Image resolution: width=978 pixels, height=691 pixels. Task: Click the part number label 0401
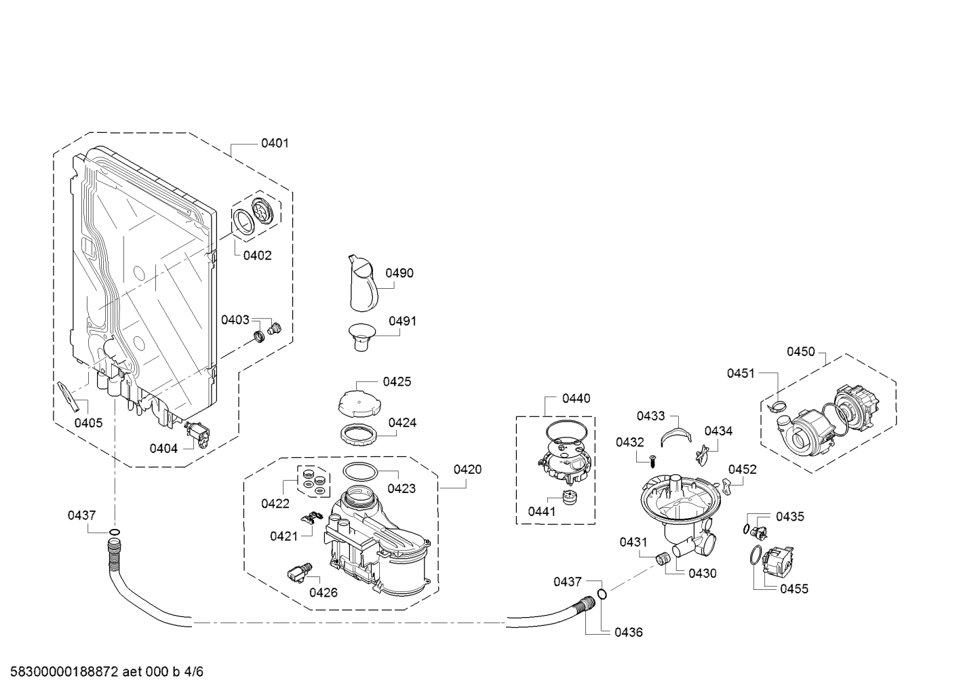click(x=275, y=143)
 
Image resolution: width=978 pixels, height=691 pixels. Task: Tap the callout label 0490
click(x=399, y=273)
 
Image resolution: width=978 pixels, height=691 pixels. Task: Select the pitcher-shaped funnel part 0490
click(x=363, y=283)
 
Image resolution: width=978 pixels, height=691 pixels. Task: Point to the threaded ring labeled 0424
click(x=359, y=435)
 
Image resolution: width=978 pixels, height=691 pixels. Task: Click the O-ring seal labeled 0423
click(x=360, y=472)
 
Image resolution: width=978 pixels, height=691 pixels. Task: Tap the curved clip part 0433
click(x=676, y=437)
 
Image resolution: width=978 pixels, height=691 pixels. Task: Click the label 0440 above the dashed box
click(x=576, y=398)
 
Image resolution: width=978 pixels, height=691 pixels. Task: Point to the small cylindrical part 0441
click(x=569, y=497)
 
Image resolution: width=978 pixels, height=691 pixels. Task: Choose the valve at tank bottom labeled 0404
click(x=197, y=433)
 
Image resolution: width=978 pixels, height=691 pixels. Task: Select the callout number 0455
click(x=794, y=589)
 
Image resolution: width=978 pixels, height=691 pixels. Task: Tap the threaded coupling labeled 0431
click(x=663, y=558)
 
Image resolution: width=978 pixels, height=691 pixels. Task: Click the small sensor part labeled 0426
click(x=300, y=572)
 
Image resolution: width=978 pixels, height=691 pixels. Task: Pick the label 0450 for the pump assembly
click(x=801, y=351)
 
